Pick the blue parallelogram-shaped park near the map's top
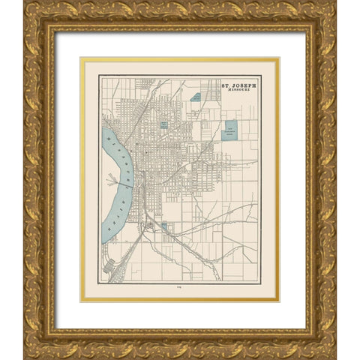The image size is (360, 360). pyautogui.click(x=195, y=97)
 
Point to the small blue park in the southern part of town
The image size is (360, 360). pyautogui.click(x=163, y=224)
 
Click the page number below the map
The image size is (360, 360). pyautogui.click(x=178, y=288)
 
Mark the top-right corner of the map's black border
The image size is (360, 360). pyautogui.click(x=260, y=76)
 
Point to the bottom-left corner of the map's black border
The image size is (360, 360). pyautogui.click(x=99, y=282)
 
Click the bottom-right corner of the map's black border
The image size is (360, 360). pyautogui.click(x=260, y=282)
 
